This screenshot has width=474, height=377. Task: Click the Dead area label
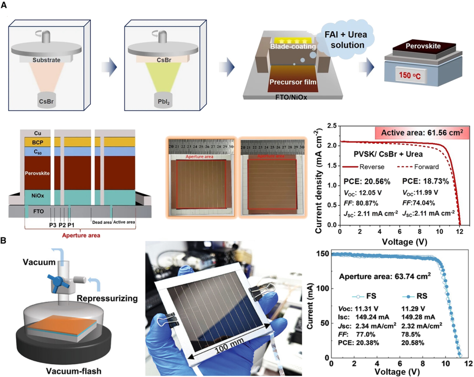pyautogui.click(x=101, y=222)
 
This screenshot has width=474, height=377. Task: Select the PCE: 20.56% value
pyautogui.click(x=354, y=180)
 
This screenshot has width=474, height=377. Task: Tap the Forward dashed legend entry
pyautogui.click(x=412, y=167)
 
